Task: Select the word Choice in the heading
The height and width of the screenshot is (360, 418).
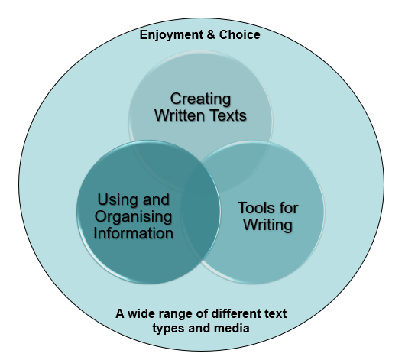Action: click(x=240, y=34)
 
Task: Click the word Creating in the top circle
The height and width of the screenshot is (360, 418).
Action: click(x=201, y=99)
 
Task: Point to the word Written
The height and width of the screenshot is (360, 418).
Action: click(x=180, y=115)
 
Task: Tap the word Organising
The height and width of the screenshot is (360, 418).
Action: click(x=133, y=216)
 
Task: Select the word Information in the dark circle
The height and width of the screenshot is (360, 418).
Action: click(x=134, y=233)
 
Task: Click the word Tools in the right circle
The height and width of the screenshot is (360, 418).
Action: click(x=255, y=208)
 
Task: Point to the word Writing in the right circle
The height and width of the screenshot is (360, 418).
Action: click(x=268, y=225)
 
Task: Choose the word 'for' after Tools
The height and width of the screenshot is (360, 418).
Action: click(x=287, y=208)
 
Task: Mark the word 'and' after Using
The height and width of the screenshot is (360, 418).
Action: click(x=156, y=199)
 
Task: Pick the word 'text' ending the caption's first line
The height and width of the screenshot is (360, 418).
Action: click(x=275, y=314)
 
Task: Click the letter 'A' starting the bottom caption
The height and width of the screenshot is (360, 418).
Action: click(x=120, y=314)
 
